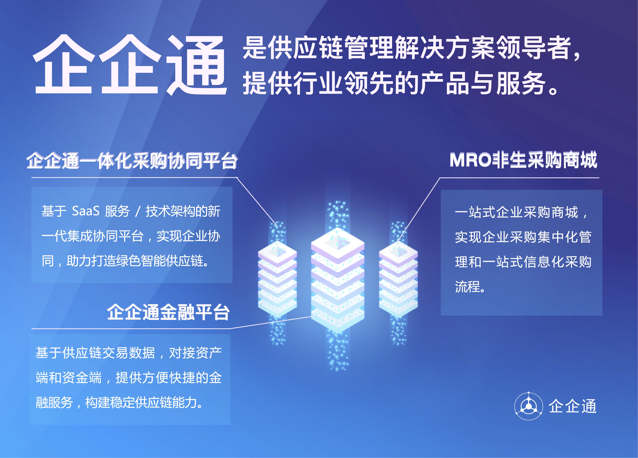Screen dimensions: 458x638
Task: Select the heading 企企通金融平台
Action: click(x=168, y=312)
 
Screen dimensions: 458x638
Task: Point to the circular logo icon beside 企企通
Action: click(x=528, y=406)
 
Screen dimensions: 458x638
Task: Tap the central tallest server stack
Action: click(x=338, y=281)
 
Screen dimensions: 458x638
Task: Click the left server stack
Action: click(x=277, y=280)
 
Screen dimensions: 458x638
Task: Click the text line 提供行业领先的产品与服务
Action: click(x=399, y=83)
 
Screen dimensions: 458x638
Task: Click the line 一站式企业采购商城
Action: click(x=520, y=212)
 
